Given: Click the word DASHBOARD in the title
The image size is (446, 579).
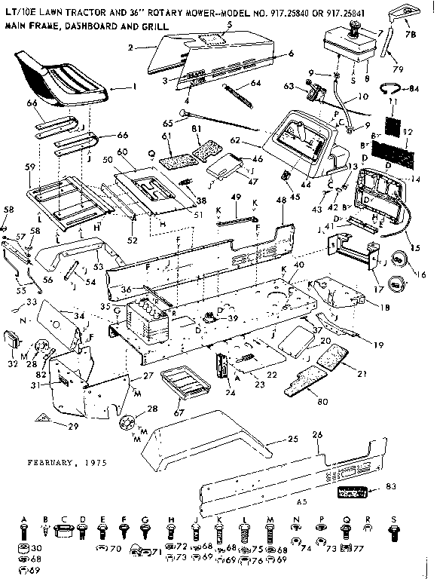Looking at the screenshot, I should coord(99,25).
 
